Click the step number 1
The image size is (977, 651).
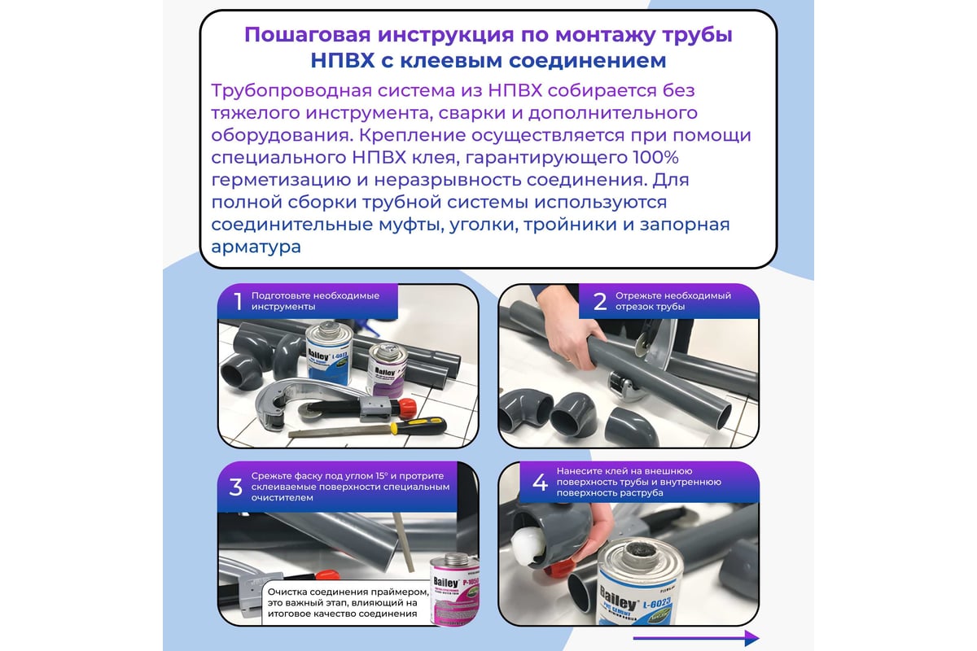click(x=238, y=302)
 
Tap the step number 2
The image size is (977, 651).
click(x=600, y=302)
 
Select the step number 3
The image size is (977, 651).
click(x=235, y=487)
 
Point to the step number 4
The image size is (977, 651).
click(x=540, y=482)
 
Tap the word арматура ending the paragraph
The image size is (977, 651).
click(x=256, y=247)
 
